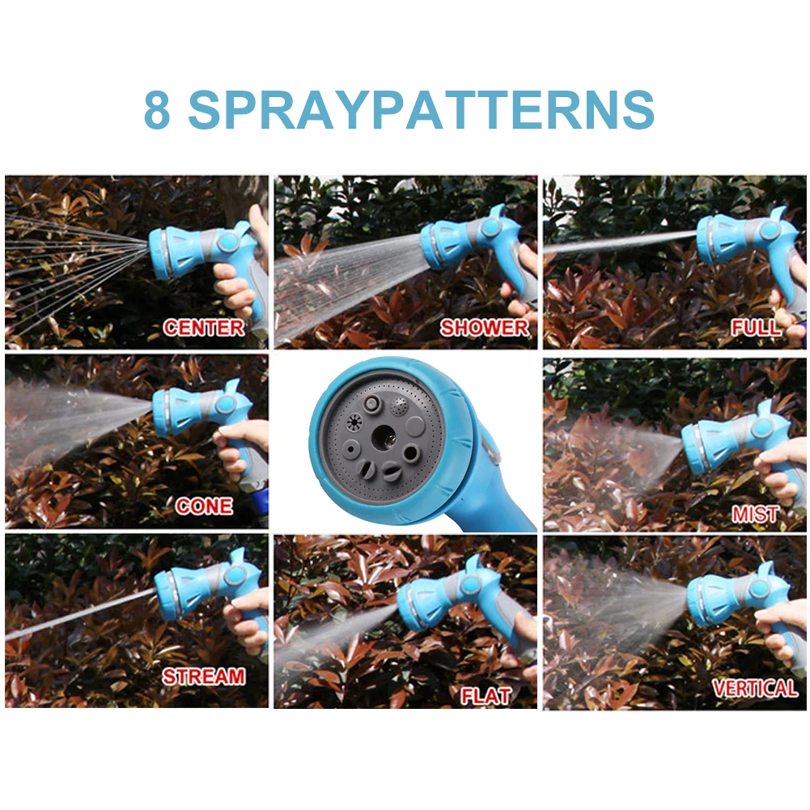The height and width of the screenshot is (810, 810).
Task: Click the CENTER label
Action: [x=203, y=328]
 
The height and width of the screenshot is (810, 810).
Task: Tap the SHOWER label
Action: [x=484, y=328]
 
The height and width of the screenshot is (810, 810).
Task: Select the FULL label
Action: [x=757, y=328]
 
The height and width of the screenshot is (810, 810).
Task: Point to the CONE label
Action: [x=204, y=507]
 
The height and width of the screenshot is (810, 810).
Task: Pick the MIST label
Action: [x=755, y=514]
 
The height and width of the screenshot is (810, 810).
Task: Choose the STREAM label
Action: [x=203, y=676]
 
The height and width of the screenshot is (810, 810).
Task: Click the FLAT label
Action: [x=486, y=695]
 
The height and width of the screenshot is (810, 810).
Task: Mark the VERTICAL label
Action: [x=754, y=689]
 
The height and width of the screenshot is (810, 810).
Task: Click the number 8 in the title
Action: [x=158, y=110]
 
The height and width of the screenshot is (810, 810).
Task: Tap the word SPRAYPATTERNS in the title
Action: [x=421, y=110]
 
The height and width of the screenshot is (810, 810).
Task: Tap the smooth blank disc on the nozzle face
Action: [x=414, y=426]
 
